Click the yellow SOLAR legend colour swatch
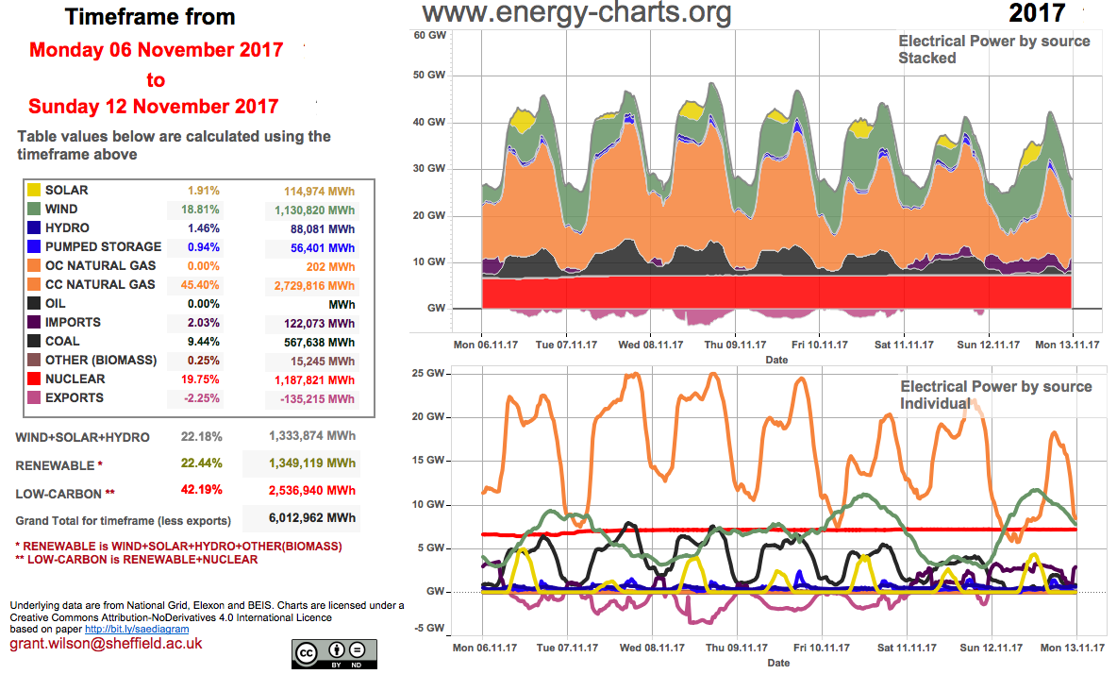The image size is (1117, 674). (x=34, y=191)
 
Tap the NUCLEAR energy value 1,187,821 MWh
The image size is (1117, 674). (x=312, y=379)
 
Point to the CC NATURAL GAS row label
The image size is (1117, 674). (x=101, y=285)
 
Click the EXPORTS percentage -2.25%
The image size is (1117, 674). (x=197, y=398)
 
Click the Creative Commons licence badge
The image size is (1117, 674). (x=334, y=652)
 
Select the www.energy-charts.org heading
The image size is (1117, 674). (x=575, y=13)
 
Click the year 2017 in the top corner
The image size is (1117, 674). (x=1037, y=13)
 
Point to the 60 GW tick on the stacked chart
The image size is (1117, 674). (x=429, y=35)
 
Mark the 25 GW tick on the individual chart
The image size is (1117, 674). (x=429, y=374)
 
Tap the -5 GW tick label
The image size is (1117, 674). (x=428, y=629)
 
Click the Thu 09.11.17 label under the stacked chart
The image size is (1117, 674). (x=736, y=345)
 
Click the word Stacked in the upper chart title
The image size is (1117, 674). (x=926, y=59)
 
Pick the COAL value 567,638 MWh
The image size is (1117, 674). (x=315, y=342)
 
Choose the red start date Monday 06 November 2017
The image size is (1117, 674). (x=156, y=50)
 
